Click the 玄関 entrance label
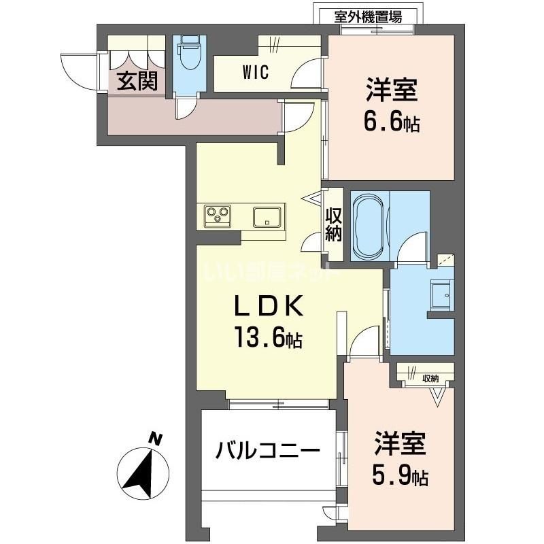[137, 81]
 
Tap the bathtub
[369, 226]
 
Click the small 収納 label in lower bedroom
[429, 379]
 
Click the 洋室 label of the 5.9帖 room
[400, 444]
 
